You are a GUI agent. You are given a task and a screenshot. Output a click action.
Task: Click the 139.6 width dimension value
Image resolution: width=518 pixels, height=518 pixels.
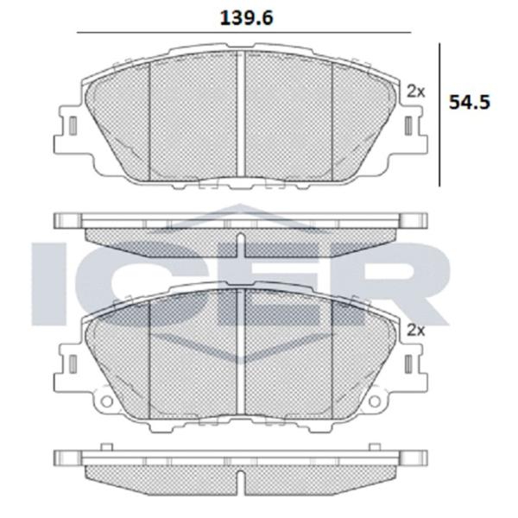point(246,18)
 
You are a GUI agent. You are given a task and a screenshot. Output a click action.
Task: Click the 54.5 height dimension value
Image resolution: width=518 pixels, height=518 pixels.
point(470,102)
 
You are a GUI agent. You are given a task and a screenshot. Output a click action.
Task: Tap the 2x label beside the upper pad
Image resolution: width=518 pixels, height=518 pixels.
point(415,92)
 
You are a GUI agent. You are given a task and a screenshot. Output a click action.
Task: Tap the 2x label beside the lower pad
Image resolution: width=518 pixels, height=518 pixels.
point(415,330)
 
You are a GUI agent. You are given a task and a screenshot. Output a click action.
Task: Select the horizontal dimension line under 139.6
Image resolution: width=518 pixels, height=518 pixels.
point(243,33)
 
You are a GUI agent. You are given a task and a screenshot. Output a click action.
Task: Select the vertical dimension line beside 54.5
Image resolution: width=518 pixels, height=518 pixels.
point(439,115)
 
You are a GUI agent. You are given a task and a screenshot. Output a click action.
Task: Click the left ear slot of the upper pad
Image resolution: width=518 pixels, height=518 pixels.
point(73,126)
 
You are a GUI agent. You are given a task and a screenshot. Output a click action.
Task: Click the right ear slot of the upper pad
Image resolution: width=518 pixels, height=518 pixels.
point(408,126)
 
